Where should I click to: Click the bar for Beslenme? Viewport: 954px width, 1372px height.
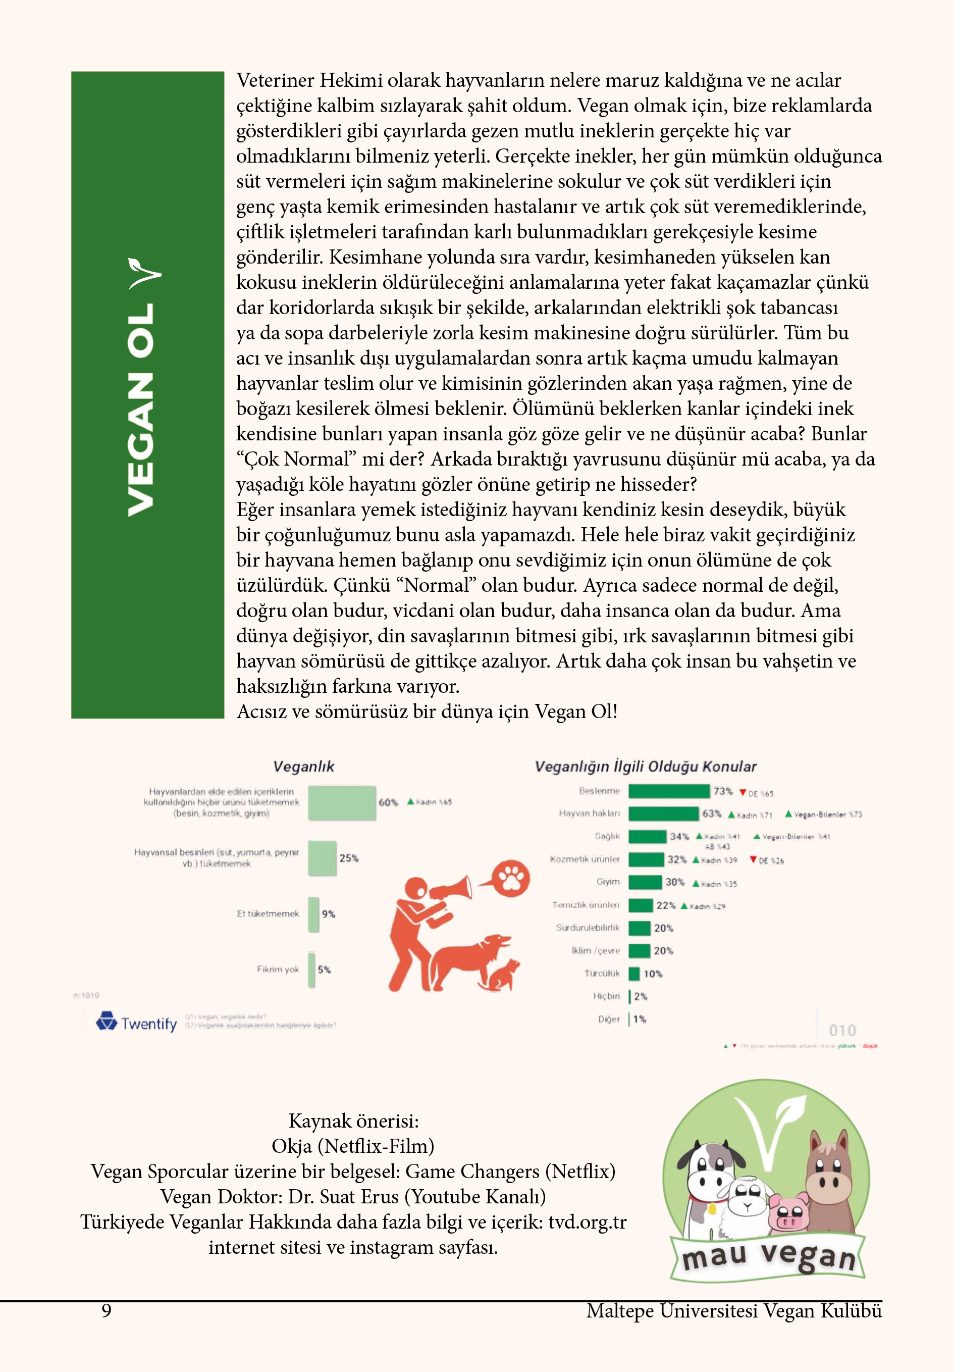[x=668, y=791]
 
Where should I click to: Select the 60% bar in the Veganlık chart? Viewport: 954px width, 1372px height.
[x=342, y=802]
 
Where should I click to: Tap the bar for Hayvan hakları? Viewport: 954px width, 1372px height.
[x=663, y=814]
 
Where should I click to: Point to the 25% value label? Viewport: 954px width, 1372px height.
[x=349, y=858]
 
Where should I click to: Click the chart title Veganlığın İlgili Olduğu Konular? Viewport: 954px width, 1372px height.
[x=645, y=767]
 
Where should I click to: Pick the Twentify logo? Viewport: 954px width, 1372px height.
[x=137, y=1023]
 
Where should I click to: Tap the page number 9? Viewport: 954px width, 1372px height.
[x=107, y=1310]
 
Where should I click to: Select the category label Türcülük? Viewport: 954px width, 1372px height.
[x=602, y=974]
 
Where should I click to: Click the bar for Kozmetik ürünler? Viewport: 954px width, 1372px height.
[x=646, y=859]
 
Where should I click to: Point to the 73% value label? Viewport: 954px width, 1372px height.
[x=723, y=791]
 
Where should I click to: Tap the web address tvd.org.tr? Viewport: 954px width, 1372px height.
[x=587, y=1222]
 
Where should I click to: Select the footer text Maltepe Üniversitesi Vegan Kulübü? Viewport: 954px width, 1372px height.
[x=733, y=1310]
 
